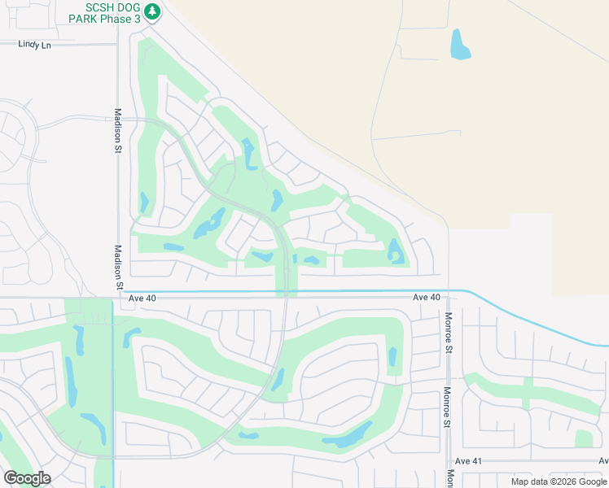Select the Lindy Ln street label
(x=34, y=45)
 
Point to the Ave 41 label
(x=469, y=461)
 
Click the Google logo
(x=27, y=477)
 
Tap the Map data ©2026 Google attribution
(x=559, y=481)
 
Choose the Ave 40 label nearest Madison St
(x=142, y=298)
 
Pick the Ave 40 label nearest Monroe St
(x=426, y=298)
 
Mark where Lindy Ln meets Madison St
(x=118, y=44)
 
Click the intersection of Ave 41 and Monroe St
(x=449, y=461)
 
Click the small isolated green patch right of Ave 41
(x=584, y=438)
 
